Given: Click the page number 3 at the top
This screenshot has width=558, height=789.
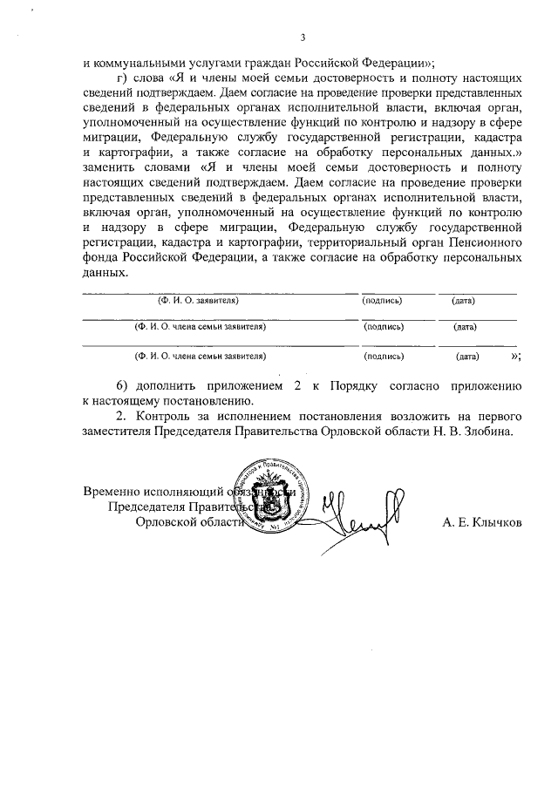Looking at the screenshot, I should click(x=303, y=37).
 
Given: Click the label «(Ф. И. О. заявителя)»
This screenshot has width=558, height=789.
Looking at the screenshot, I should click(x=198, y=300).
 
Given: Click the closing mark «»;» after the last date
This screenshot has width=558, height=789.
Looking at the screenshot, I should click(x=515, y=355).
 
